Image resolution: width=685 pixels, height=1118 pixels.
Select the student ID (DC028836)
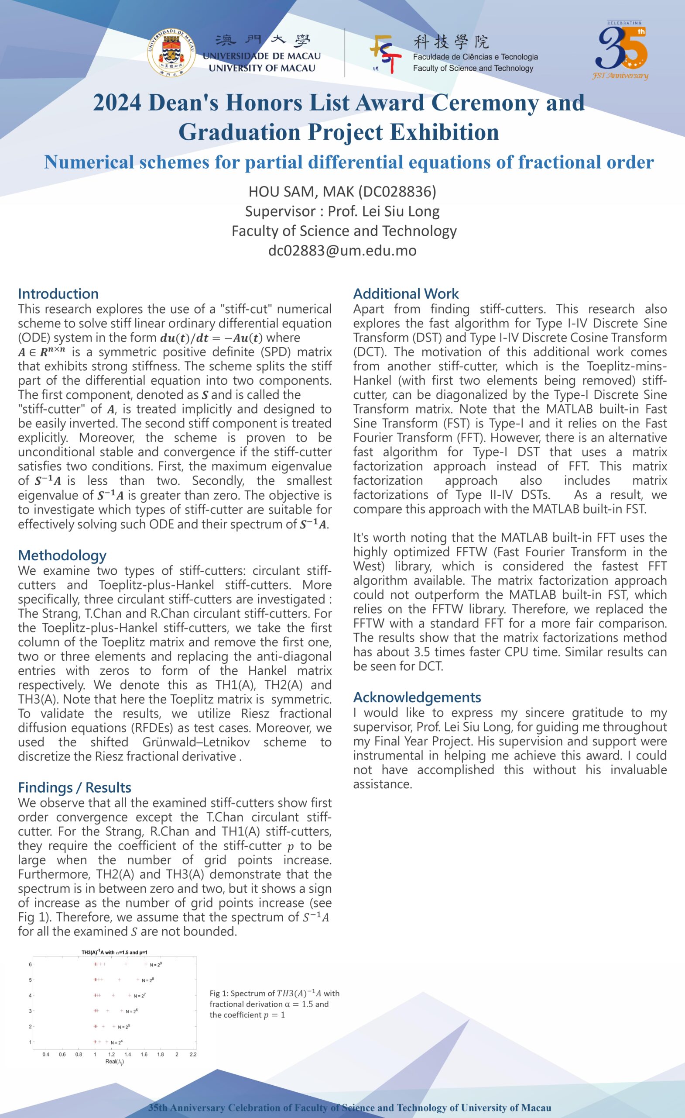(x=397, y=192)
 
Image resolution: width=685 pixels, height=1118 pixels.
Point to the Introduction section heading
(x=58, y=293)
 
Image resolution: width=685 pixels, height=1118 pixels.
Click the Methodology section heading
(x=62, y=556)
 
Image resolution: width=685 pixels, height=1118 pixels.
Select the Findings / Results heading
(x=75, y=788)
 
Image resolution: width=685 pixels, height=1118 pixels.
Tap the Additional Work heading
(x=406, y=293)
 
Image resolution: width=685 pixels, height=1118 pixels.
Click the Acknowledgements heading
(x=417, y=697)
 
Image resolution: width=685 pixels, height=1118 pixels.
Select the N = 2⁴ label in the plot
(x=116, y=1043)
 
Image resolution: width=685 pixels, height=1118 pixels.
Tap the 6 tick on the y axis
(x=31, y=964)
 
